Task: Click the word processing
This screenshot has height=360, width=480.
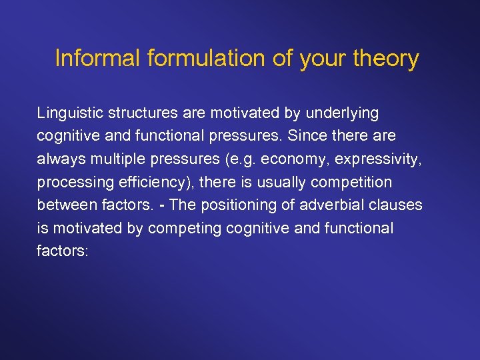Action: point(73,182)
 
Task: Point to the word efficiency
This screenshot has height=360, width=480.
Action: point(147,182)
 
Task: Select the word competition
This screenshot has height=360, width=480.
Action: point(353,182)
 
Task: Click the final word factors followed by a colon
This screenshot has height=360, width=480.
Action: point(60,250)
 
